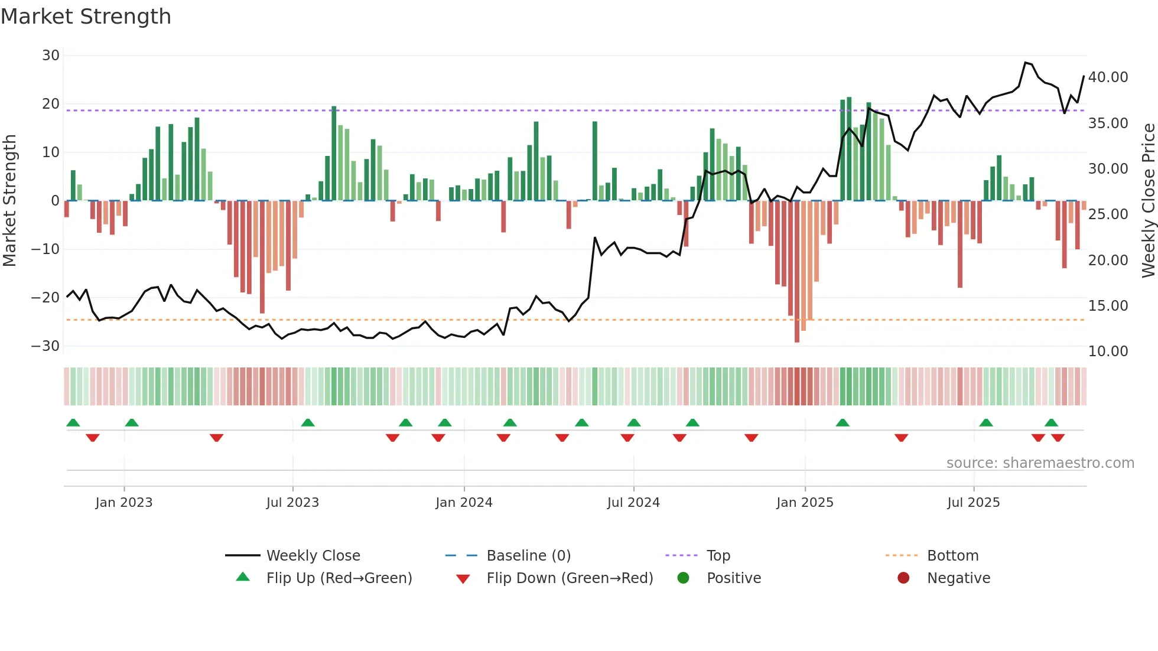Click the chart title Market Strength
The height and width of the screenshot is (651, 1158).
86,17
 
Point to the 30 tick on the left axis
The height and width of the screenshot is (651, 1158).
51,56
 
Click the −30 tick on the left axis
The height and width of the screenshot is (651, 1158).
46,346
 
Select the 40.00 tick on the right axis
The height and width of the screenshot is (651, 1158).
1108,77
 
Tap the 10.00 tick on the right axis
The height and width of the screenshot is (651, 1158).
1108,351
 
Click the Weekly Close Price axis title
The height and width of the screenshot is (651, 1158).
1148,200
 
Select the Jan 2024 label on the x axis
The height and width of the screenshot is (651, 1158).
464,503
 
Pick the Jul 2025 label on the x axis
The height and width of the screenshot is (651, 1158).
973,503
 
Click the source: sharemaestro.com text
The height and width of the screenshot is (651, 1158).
1040,463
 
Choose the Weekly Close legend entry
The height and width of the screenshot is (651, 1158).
313,556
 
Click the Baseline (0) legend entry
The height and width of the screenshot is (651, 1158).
528,556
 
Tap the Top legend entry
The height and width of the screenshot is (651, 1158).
718,556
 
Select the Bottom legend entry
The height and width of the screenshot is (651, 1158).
952,556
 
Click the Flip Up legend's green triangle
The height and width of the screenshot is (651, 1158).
243,577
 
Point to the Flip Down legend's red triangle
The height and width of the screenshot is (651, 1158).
463,579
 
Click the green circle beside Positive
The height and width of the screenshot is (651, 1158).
684,578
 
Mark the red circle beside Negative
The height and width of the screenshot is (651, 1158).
903,578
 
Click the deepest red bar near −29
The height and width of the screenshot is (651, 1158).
797,272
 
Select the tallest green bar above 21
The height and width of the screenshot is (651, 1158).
849,149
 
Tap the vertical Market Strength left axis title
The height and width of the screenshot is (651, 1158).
9,200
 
